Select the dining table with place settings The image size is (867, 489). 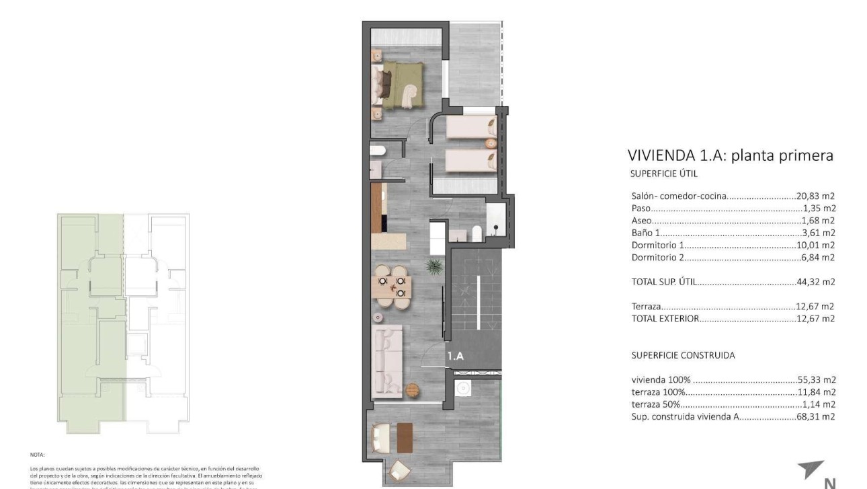(392, 287)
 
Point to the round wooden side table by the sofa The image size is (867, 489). (413, 388)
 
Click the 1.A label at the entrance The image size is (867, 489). (456, 356)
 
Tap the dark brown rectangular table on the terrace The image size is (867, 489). (405, 437)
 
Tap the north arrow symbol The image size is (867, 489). (811, 469)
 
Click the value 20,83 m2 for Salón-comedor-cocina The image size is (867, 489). (815, 196)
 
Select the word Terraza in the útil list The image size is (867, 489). (647, 306)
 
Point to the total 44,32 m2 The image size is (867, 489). (815, 282)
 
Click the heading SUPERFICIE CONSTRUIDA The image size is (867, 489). (683, 355)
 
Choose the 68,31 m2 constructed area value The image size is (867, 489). (815, 417)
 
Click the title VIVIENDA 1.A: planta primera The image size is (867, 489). (730, 155)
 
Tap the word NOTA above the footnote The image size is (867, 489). (37, 455)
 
